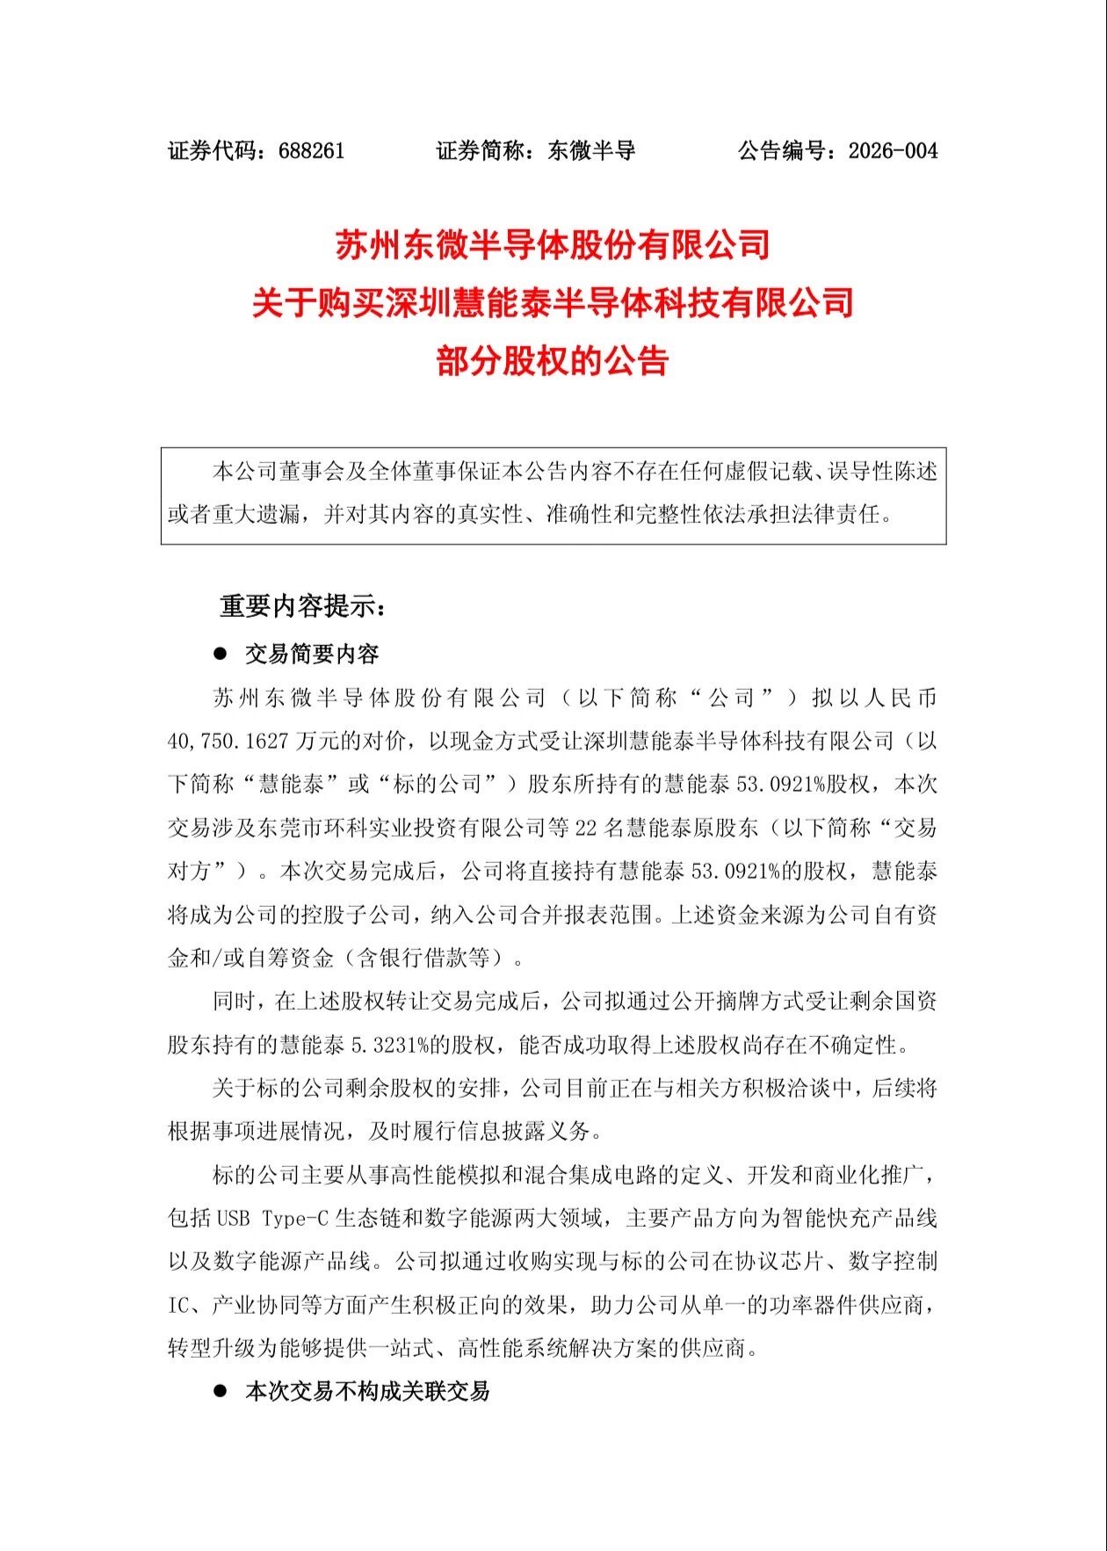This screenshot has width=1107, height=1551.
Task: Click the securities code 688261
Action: pyautogui.click(x=311, y=151)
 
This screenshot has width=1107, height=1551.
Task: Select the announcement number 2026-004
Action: pyautogui.click(x=893, y=151)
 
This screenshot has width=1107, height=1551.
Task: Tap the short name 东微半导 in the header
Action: pyautogui.click(x=591, y=151)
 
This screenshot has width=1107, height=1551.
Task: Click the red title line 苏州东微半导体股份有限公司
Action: pyautogui.click(x=553, y=245)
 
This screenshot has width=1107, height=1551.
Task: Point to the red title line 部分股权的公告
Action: pyautogui.click(x=553, y=361)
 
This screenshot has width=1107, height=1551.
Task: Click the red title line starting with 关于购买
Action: pyautogui.click(x=553, y=303)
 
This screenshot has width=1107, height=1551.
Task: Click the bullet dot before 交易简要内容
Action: pyautogui.click(x=221, y=654)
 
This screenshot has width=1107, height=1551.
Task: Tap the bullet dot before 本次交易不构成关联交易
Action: pyautogui.click(x=221, y=1391)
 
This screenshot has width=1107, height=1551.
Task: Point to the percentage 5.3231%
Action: pyautogui.click(x=389, y=1045)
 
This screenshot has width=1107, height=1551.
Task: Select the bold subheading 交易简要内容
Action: pyautogui.click(x=312, y=654)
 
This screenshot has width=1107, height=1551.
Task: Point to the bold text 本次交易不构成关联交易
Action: pyautogui.click(x=367, y=1391)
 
